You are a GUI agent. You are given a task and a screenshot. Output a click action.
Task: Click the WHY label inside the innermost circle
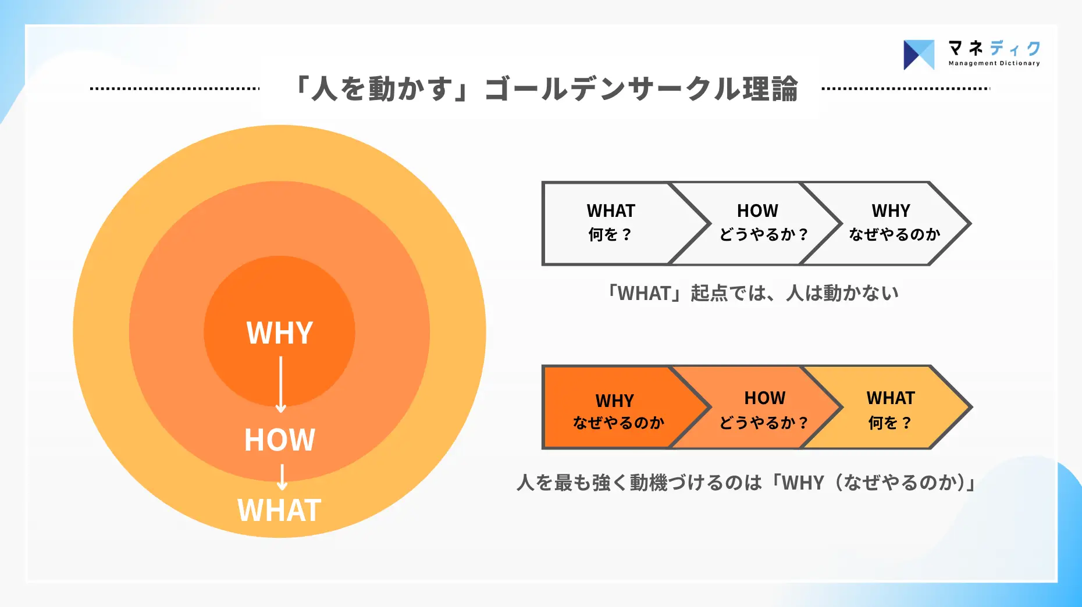point(280,333)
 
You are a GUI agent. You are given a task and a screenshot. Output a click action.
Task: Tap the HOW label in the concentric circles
point(280,440)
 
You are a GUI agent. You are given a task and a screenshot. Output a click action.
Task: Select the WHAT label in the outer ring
point(279,510)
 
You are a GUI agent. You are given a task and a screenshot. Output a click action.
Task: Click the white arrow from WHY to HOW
point(281,384)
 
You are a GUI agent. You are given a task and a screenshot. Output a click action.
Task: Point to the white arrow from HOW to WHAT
point(282,477)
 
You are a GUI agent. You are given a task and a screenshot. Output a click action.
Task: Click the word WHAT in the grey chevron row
point(611,210)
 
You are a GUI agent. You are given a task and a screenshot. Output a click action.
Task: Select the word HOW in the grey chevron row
point(757,210)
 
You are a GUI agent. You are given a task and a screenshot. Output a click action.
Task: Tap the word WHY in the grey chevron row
point(891,210)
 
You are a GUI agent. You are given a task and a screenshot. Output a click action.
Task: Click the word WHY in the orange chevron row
point(614,401)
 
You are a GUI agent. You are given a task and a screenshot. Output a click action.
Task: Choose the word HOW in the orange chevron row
point(764,398)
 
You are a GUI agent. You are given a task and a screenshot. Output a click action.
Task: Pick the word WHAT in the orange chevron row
point(891,398)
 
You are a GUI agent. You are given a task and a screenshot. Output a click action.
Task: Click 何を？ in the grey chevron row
point(610,234)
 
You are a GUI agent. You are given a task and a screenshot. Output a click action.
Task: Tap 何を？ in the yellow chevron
point(889,423)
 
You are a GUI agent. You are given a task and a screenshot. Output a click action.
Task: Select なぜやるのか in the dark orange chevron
point(618,423)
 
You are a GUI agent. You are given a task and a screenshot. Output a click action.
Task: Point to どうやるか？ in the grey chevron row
point(764,234)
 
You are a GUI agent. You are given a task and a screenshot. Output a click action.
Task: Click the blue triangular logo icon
point(919,55)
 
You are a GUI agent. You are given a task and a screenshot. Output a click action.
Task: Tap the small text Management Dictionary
point(994,63)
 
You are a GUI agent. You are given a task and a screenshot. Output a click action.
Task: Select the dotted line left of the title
point(175,89)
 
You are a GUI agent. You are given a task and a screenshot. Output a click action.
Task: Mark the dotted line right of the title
point(906,89)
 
